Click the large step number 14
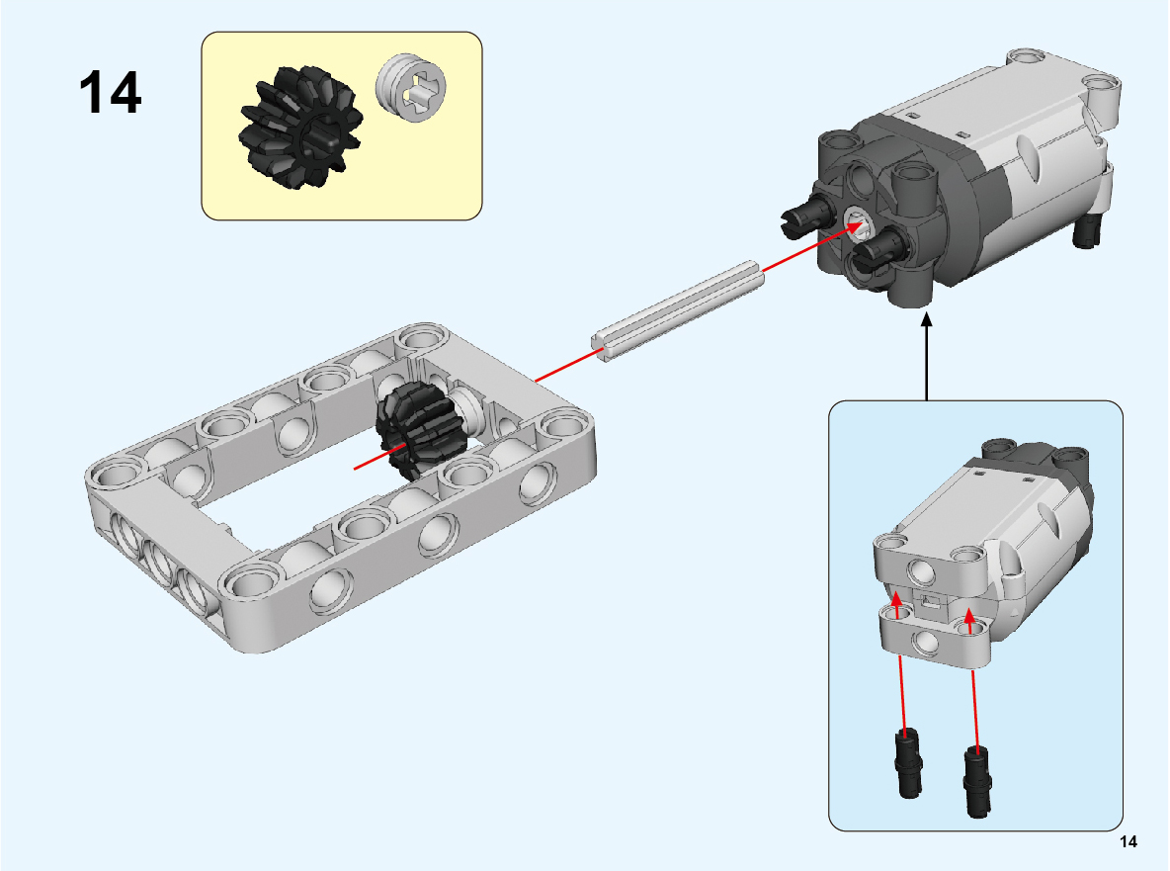pyautogui.click(x=110, y=93)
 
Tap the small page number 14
pyautogui.click(x=1128, y=842)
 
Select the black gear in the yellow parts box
pyautogui.click(x=300, y=127)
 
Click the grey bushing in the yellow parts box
pyautogui.click(x=411, y=87)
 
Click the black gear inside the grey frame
pyautogui.click(x=419, y=428)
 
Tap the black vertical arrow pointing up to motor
pyautogui.click(x=927, y=357)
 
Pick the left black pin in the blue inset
pyautogui.click(x=908, y=763)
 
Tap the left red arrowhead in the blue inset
pyautogui.click(x=896, y=601)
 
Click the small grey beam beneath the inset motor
pyautogui.click(x=934, y=635)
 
